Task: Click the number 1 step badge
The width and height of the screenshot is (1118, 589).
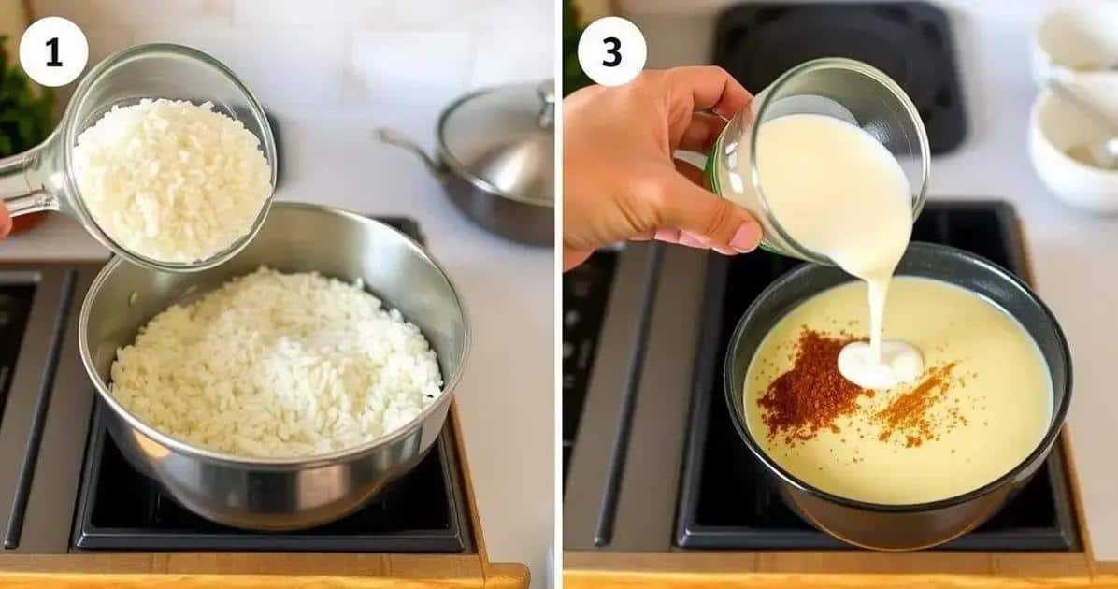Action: click(x=53, y=51)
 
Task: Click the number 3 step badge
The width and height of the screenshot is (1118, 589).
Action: click(x=611, y=51)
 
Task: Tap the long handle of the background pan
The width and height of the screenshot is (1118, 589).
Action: click(x=407, y=149)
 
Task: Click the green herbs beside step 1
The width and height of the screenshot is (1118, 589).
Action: click(x=21, y=100)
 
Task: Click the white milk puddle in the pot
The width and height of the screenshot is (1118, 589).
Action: click(x=880, y=362)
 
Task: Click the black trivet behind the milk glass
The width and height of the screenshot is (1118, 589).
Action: click(x=841, y=71)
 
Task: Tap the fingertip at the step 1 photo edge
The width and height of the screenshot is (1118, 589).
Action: click(x=5, y=221)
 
